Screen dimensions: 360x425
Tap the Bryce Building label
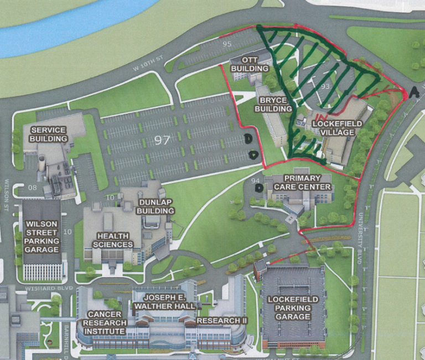(273, 105)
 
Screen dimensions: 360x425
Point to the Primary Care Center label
(301, 182)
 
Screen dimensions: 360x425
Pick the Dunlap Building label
(156, 207)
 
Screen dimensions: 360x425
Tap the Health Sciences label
(113, 239)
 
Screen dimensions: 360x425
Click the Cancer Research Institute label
(105, 322)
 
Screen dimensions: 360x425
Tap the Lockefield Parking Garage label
(293, 307)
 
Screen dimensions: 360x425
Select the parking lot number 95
(227, 44)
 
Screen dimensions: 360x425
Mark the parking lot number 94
(255, 180)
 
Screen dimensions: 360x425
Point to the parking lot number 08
(32, 187)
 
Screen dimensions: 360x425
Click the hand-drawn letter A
(414, 92)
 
